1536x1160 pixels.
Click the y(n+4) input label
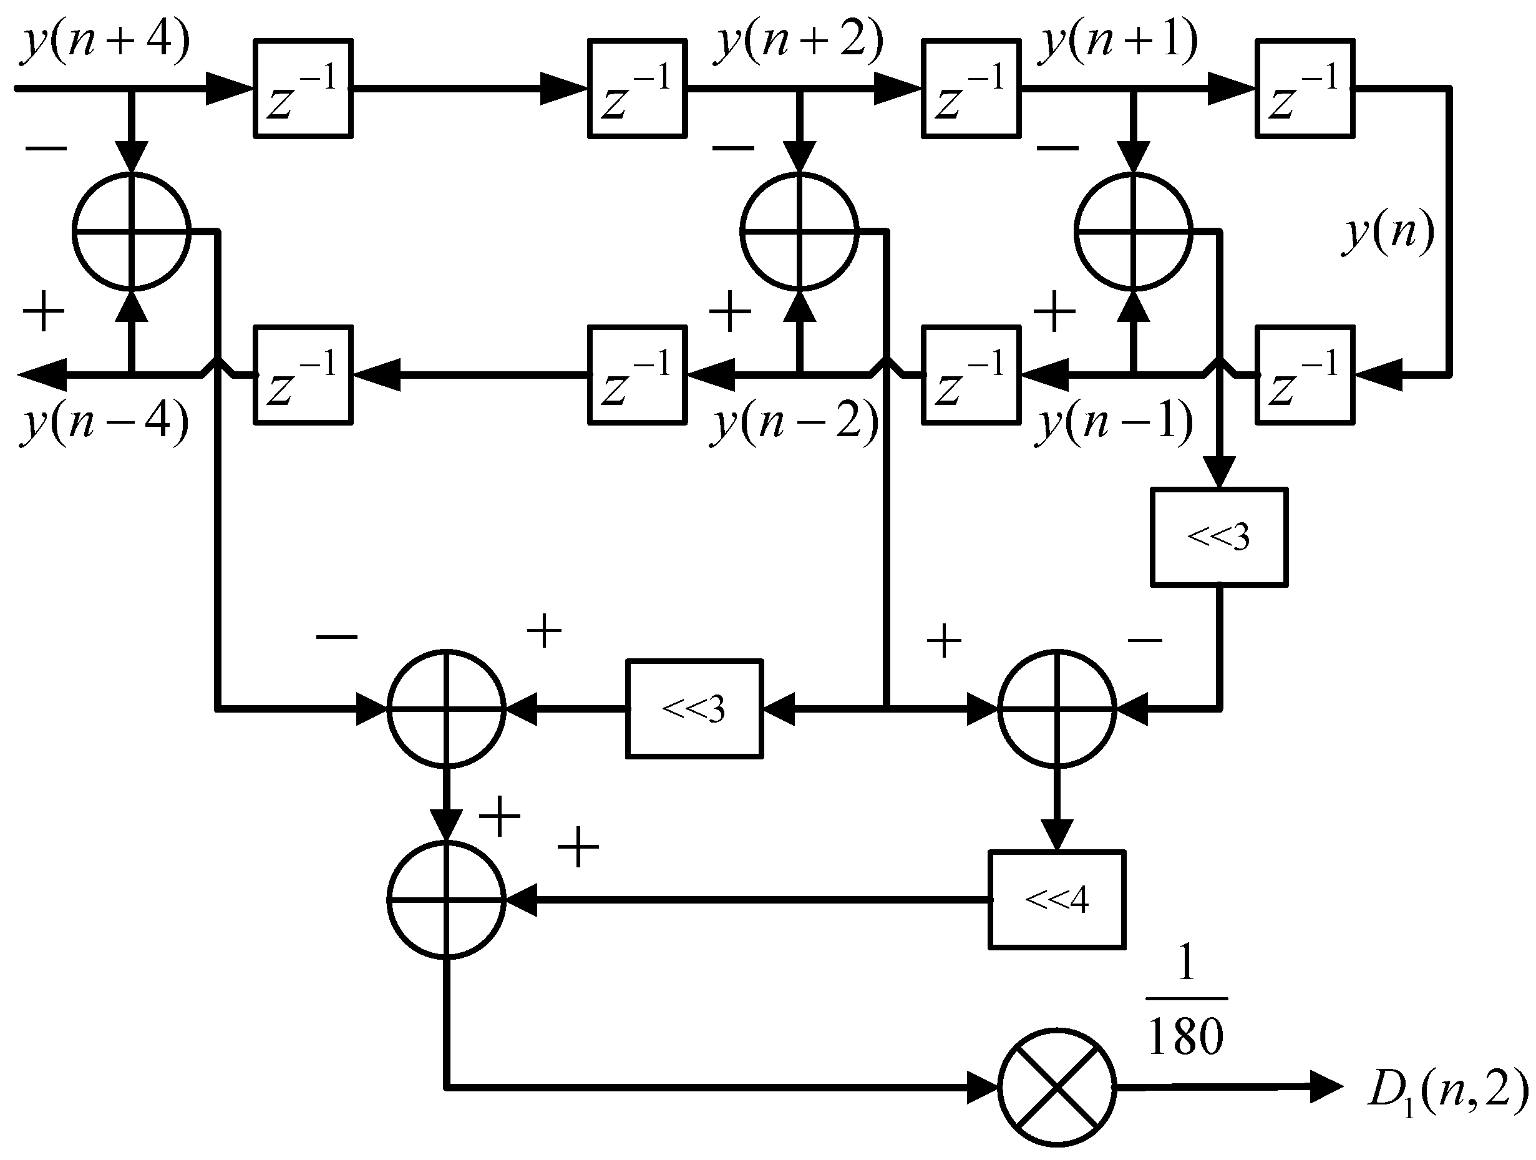105,43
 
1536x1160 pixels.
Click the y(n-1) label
1114,422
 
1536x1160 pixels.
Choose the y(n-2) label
794,422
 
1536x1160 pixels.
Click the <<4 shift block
1056,900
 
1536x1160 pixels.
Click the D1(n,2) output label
1448,1089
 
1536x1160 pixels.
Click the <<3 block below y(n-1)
1218,537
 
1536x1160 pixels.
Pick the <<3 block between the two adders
694,708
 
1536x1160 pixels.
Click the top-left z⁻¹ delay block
303,88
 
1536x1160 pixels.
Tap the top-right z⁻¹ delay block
1305,88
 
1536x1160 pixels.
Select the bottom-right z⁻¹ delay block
1305,375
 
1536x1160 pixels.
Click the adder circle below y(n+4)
131,231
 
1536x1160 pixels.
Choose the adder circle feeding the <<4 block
1057,708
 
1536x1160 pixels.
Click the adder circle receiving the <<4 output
447,900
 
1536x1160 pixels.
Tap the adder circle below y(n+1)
1133,231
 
